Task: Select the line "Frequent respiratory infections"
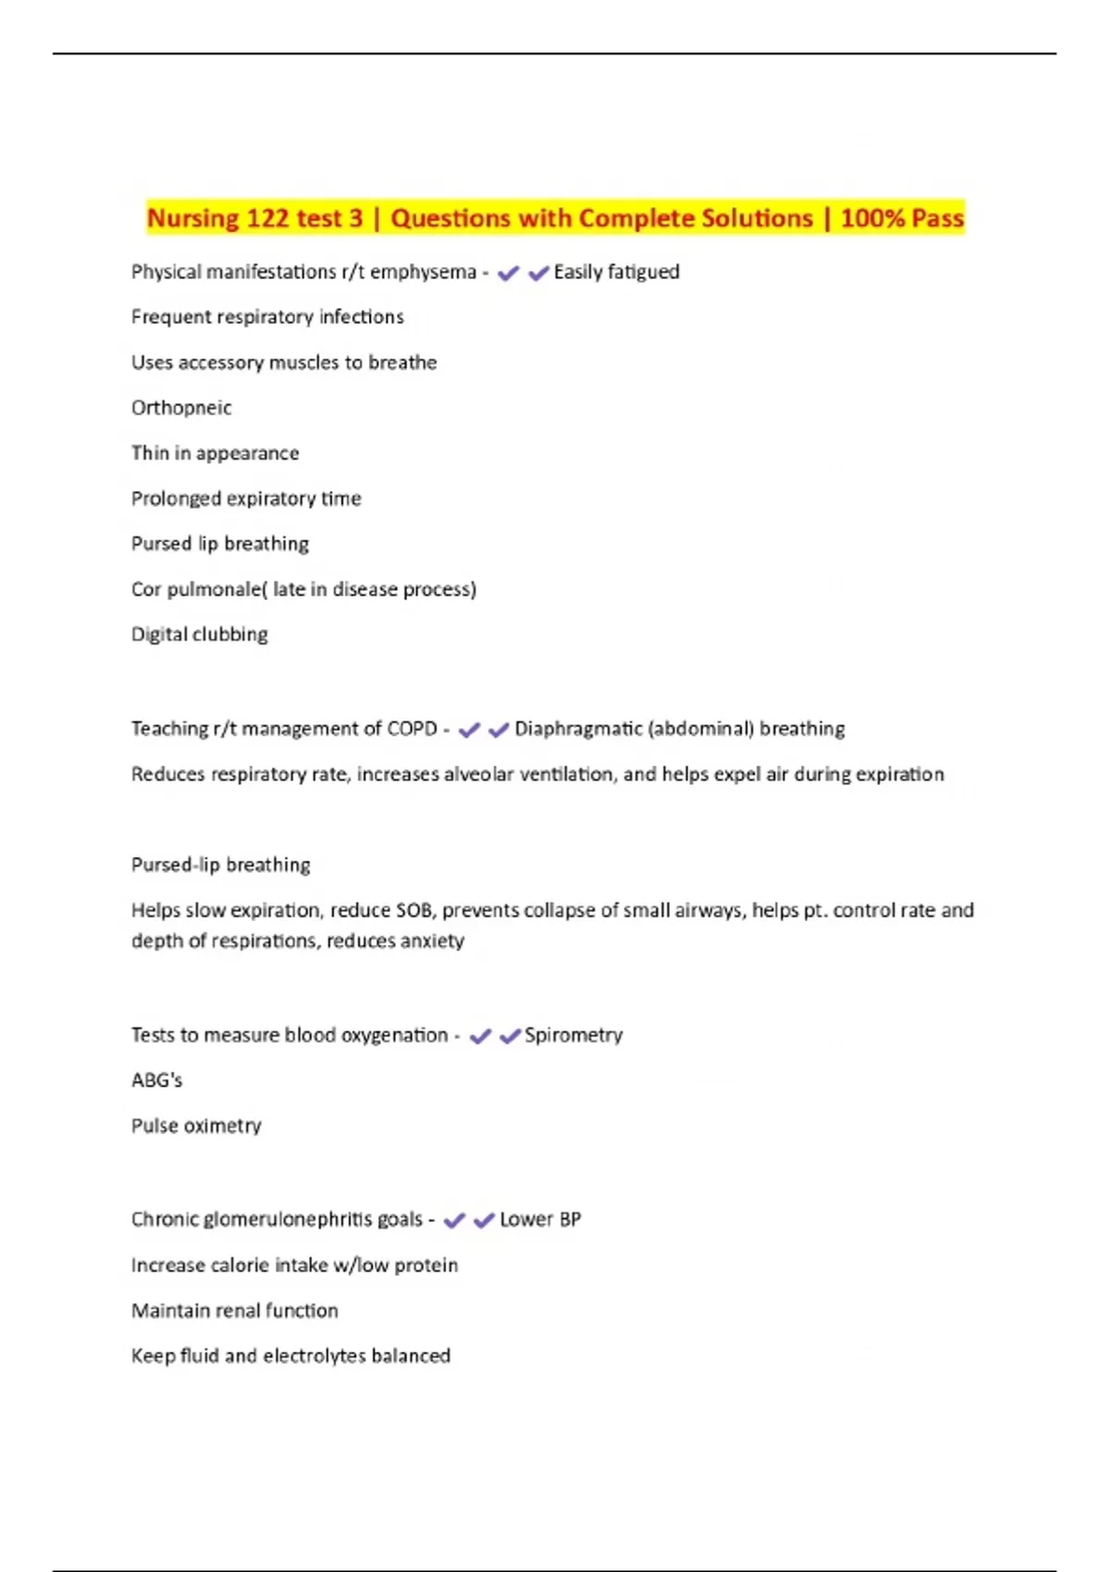click(x=267, y=317)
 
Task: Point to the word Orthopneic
click(x=181, y=408)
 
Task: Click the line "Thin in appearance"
click(x=215, y=453)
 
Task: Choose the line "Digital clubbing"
click(x=199, y=634)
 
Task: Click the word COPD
click(x=412, y=729)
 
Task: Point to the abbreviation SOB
click(x=413, y=911)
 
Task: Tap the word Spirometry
click(x=573, y=1036)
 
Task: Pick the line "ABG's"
click(x=157, y=1080)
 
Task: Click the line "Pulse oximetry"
click(x=196, y=1126)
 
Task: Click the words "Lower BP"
click(x=540, y=1220)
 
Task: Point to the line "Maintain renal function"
click(x=234, y=1310)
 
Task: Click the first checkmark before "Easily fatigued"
click(x=508, y=274)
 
